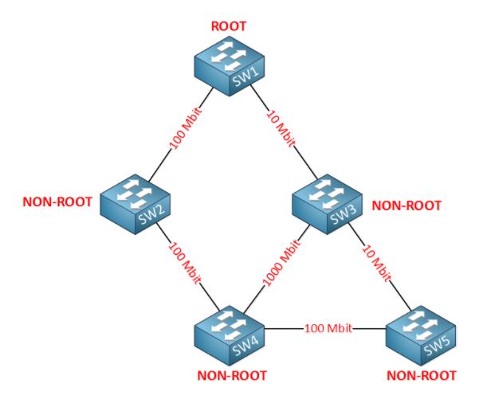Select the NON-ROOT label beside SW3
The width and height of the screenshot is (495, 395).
pos(407,205)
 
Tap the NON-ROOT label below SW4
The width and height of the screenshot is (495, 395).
pos(232,375)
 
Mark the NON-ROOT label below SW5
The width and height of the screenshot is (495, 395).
pos(422,375)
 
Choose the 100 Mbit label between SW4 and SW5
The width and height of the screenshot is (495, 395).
pos(328,328)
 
